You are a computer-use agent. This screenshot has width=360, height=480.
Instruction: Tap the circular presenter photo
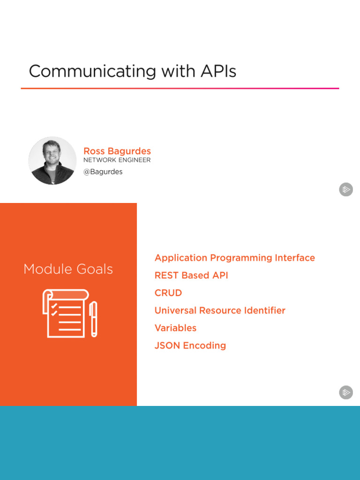tap(52, 160)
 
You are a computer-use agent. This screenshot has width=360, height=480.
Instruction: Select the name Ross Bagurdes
tap(117, 151)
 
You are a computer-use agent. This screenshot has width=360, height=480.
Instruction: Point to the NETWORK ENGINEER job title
tap(117, 160)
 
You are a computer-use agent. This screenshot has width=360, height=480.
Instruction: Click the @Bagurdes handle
tap(103, 172)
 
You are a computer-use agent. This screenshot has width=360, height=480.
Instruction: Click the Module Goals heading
tap(68, 269)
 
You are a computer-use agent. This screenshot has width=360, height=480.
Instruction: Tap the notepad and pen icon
tap(69, 313)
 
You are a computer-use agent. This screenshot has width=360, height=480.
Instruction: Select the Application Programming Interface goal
tap(234, 258)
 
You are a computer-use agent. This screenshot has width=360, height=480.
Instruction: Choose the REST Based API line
tap(191, 275)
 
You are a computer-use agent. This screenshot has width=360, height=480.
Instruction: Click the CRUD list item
tap(168, 293)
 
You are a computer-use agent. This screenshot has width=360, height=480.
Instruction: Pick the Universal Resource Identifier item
tap(220, 310)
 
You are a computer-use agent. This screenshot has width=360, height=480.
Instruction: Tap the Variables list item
tap(175, 328)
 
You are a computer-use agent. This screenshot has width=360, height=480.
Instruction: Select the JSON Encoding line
tap(190, 345)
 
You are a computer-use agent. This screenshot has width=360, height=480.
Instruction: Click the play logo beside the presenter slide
tap(346, 189)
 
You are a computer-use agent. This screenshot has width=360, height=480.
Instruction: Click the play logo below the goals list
tap(346, 392)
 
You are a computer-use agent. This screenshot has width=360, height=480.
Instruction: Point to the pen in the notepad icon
tap(93, 319)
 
